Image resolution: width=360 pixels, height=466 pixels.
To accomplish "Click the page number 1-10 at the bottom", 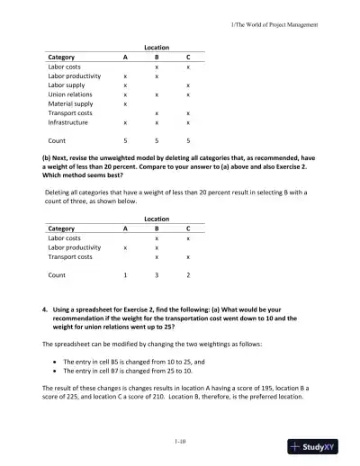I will point(180,442).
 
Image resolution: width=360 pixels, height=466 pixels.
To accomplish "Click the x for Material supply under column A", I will point(125,103).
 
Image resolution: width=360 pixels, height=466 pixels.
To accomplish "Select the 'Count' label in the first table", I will point(57,140).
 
